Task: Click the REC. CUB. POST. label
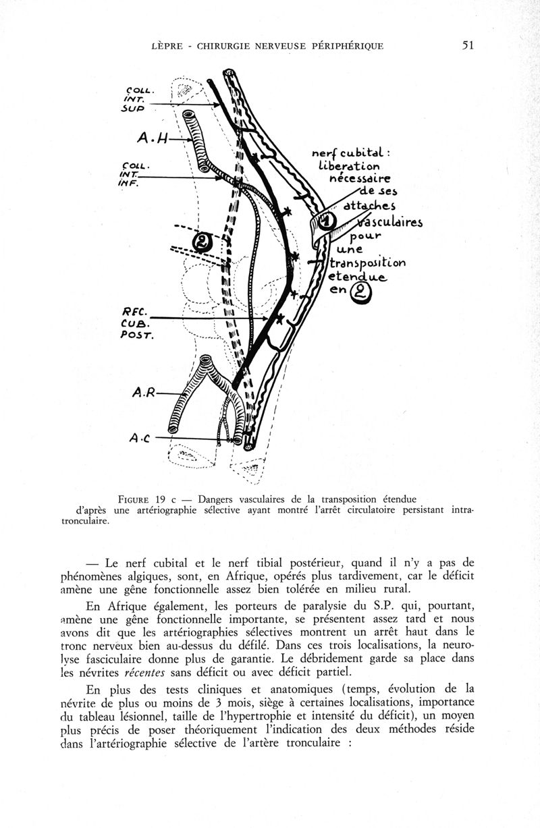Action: tap(137, 321)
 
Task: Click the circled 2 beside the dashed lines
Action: tap(202, 242)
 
